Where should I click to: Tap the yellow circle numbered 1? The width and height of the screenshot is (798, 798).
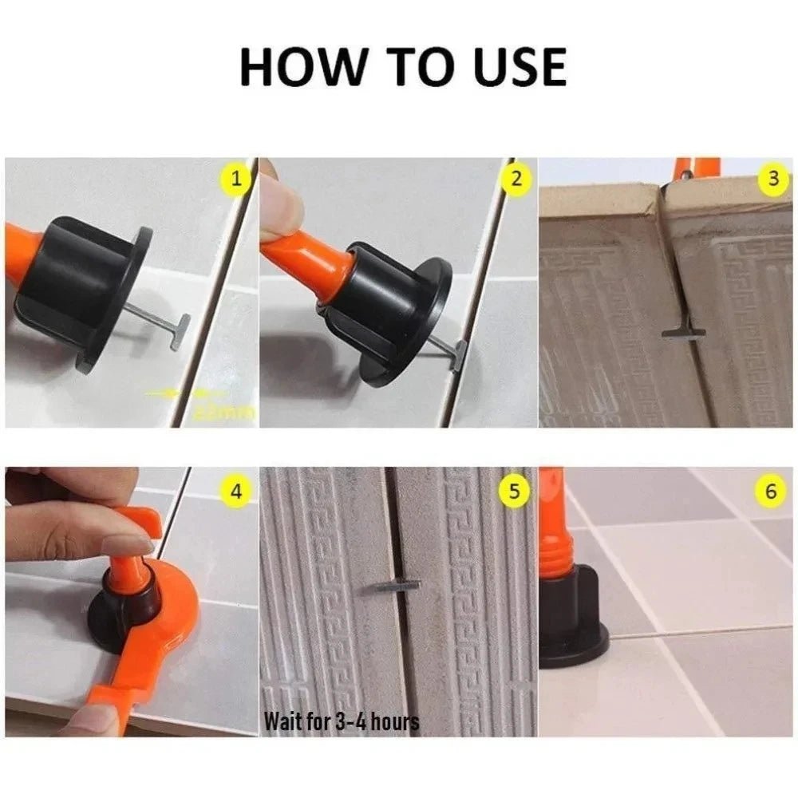235,180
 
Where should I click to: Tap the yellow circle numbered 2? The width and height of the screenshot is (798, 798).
516,180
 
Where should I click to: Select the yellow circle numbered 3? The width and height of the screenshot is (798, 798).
772,180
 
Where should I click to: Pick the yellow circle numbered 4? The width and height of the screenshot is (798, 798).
235,491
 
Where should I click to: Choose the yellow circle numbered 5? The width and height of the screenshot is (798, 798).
516,491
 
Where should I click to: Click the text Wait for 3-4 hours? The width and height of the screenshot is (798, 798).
342,721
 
